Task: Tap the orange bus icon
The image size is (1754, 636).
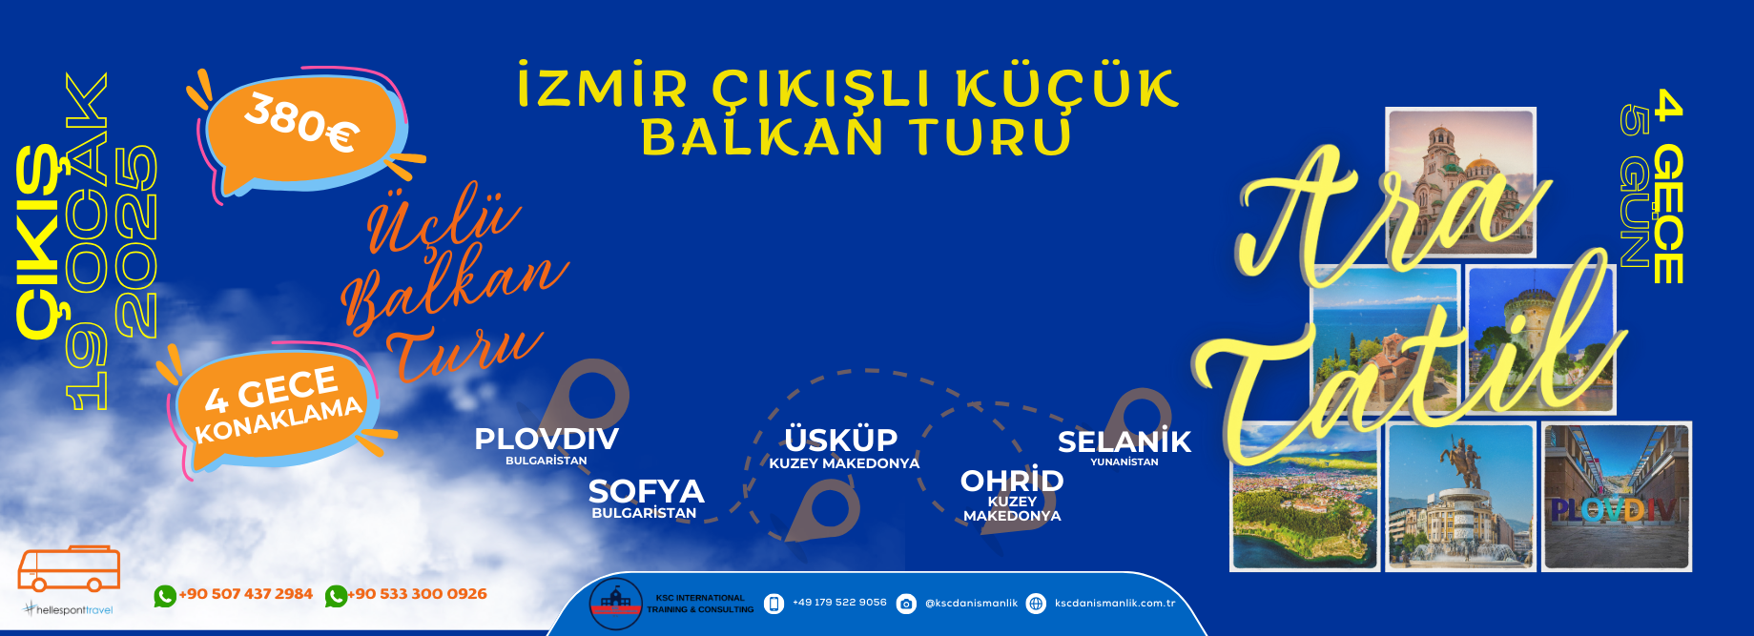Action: (x=69, y=569)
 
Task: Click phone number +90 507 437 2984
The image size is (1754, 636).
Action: (x=245, y=594)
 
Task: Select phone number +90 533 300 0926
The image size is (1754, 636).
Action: (x=417, y=594)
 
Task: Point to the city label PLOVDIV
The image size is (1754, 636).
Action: (x=547, y=439)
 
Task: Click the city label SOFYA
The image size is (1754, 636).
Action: (x=646, y=491)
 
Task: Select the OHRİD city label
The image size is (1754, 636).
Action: (x=1012, y=480)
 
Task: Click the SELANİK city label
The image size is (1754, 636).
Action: (x=1125, y=441)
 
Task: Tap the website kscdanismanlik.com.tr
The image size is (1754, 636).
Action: (x=1115, y=604)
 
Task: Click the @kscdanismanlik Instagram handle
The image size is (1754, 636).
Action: (x=971, y=604)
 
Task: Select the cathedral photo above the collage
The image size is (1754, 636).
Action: (x=1460, y=182)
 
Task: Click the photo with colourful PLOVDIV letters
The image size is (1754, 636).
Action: (x=1617, y=497)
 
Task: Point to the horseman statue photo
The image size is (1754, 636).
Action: (x=1460, y=497)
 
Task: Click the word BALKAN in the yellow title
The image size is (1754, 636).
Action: (x=762, y=136)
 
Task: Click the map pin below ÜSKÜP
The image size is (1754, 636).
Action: (x=822, y=509)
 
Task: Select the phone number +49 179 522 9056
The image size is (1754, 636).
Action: (x=839, y=603)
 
